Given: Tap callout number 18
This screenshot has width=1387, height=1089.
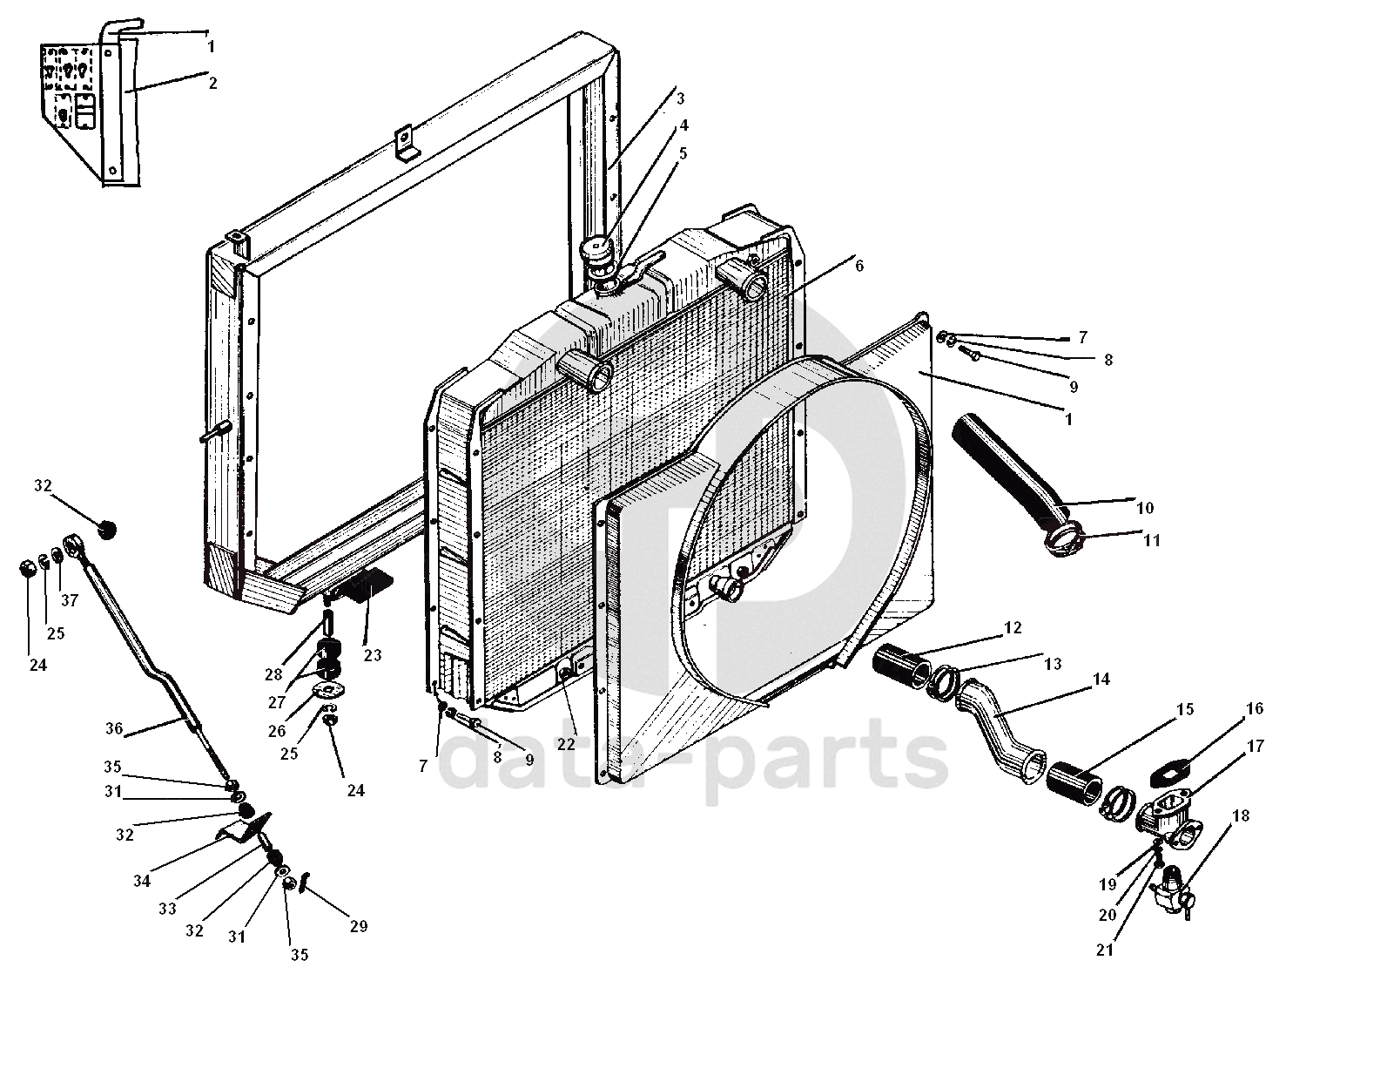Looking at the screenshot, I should [x=1241, y=816].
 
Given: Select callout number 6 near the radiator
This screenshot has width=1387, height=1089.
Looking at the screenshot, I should [x=858, y=266].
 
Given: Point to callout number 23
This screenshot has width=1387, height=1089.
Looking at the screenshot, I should [x=373, y=655].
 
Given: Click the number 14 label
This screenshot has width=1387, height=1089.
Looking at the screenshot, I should [x=1101, y=679].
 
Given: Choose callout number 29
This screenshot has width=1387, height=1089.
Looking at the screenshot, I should [x=359, y=926].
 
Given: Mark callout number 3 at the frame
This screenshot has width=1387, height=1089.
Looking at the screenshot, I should [x=680, y=98].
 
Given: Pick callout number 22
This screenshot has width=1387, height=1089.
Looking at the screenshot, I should [x=566, y=745].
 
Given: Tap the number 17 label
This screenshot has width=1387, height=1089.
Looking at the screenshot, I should [x=1255, y=746].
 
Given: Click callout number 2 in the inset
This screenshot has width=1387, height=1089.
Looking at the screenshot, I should [x=212, y=83].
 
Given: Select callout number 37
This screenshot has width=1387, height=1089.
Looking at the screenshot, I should [x=70, y=600].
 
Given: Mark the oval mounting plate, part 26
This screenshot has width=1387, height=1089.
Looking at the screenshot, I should [x=327, y=693].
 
